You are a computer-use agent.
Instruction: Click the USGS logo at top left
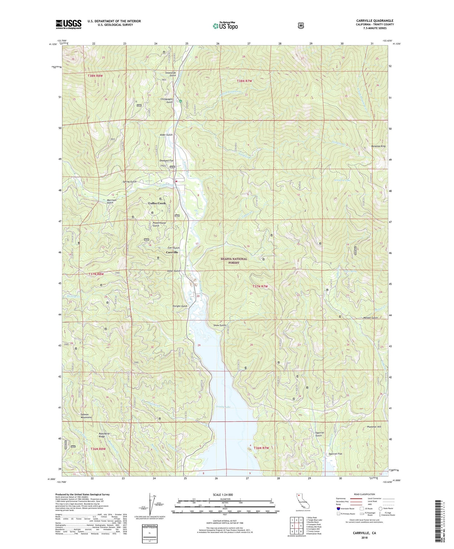pos(68,24)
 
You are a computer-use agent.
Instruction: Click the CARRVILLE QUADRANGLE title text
pos(375,21)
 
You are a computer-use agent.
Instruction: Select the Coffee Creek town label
pos(157,203)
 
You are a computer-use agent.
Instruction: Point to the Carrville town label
pos(172,252)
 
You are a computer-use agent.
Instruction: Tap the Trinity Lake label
pos(224,407)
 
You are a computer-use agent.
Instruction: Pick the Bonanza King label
pos(378,146)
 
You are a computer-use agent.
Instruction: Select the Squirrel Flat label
pos(336,454)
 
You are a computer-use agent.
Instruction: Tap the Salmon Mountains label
pos(86,416)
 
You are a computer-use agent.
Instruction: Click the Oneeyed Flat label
pos(166,160)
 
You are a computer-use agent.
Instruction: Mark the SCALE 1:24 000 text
pos(225,494)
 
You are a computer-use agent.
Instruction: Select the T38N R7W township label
pos(244,81)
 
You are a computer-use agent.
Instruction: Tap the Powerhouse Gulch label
pos(159,224)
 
